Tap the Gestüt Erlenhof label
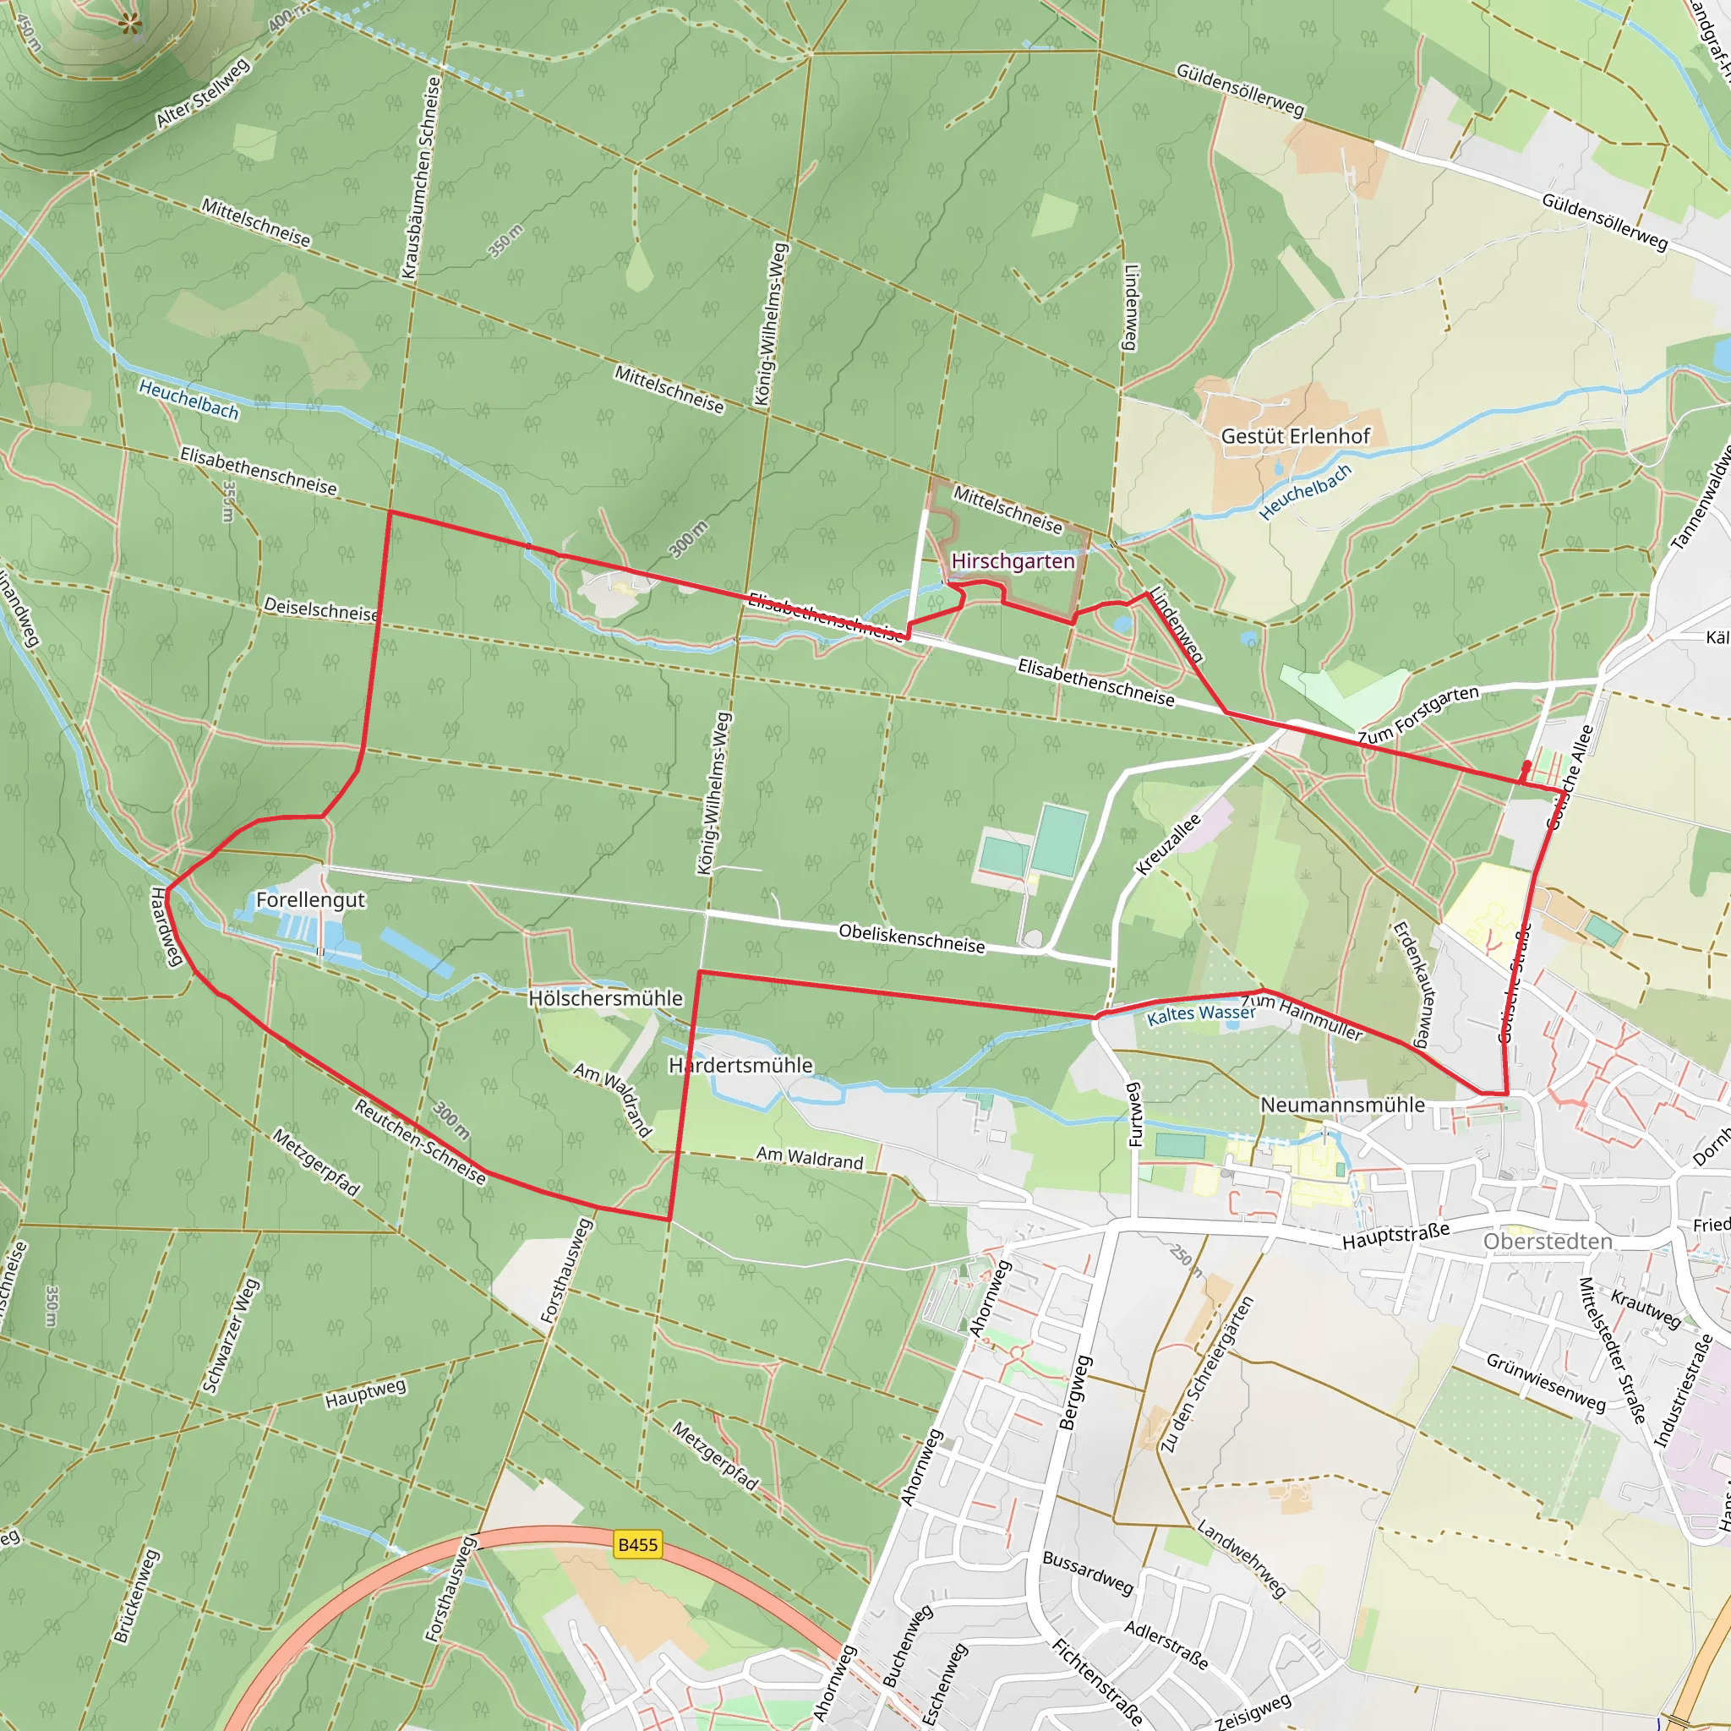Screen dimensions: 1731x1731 pyautogui.click(x=1295, y=436)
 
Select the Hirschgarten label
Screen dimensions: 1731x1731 pyautogui.click(x=1013, y=561)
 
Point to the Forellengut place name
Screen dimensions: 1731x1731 pyautogui.click(x=310, y=899)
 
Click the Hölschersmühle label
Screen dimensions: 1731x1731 pyautogui.click(x=605, y=998)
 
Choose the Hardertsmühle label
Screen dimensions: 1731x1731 pyautogui.click(x=740, y=1065)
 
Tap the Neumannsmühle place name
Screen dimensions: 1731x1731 pyautogui.click(x=1342, y=1105)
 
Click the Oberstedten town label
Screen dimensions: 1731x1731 pyautogui.click(x=1548, y=1241)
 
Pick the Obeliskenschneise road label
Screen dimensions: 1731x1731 pyautogui.click(x=911, y=938)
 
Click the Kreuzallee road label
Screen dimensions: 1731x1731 pyautogui.click(x=1167, y=844)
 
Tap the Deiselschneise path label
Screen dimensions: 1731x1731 pyautogui.click(x=319, y=609)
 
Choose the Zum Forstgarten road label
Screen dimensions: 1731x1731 pyautogui.click(x=1417, y=715)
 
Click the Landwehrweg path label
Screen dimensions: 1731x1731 pyautogui.click(x=1242, y=1559)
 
